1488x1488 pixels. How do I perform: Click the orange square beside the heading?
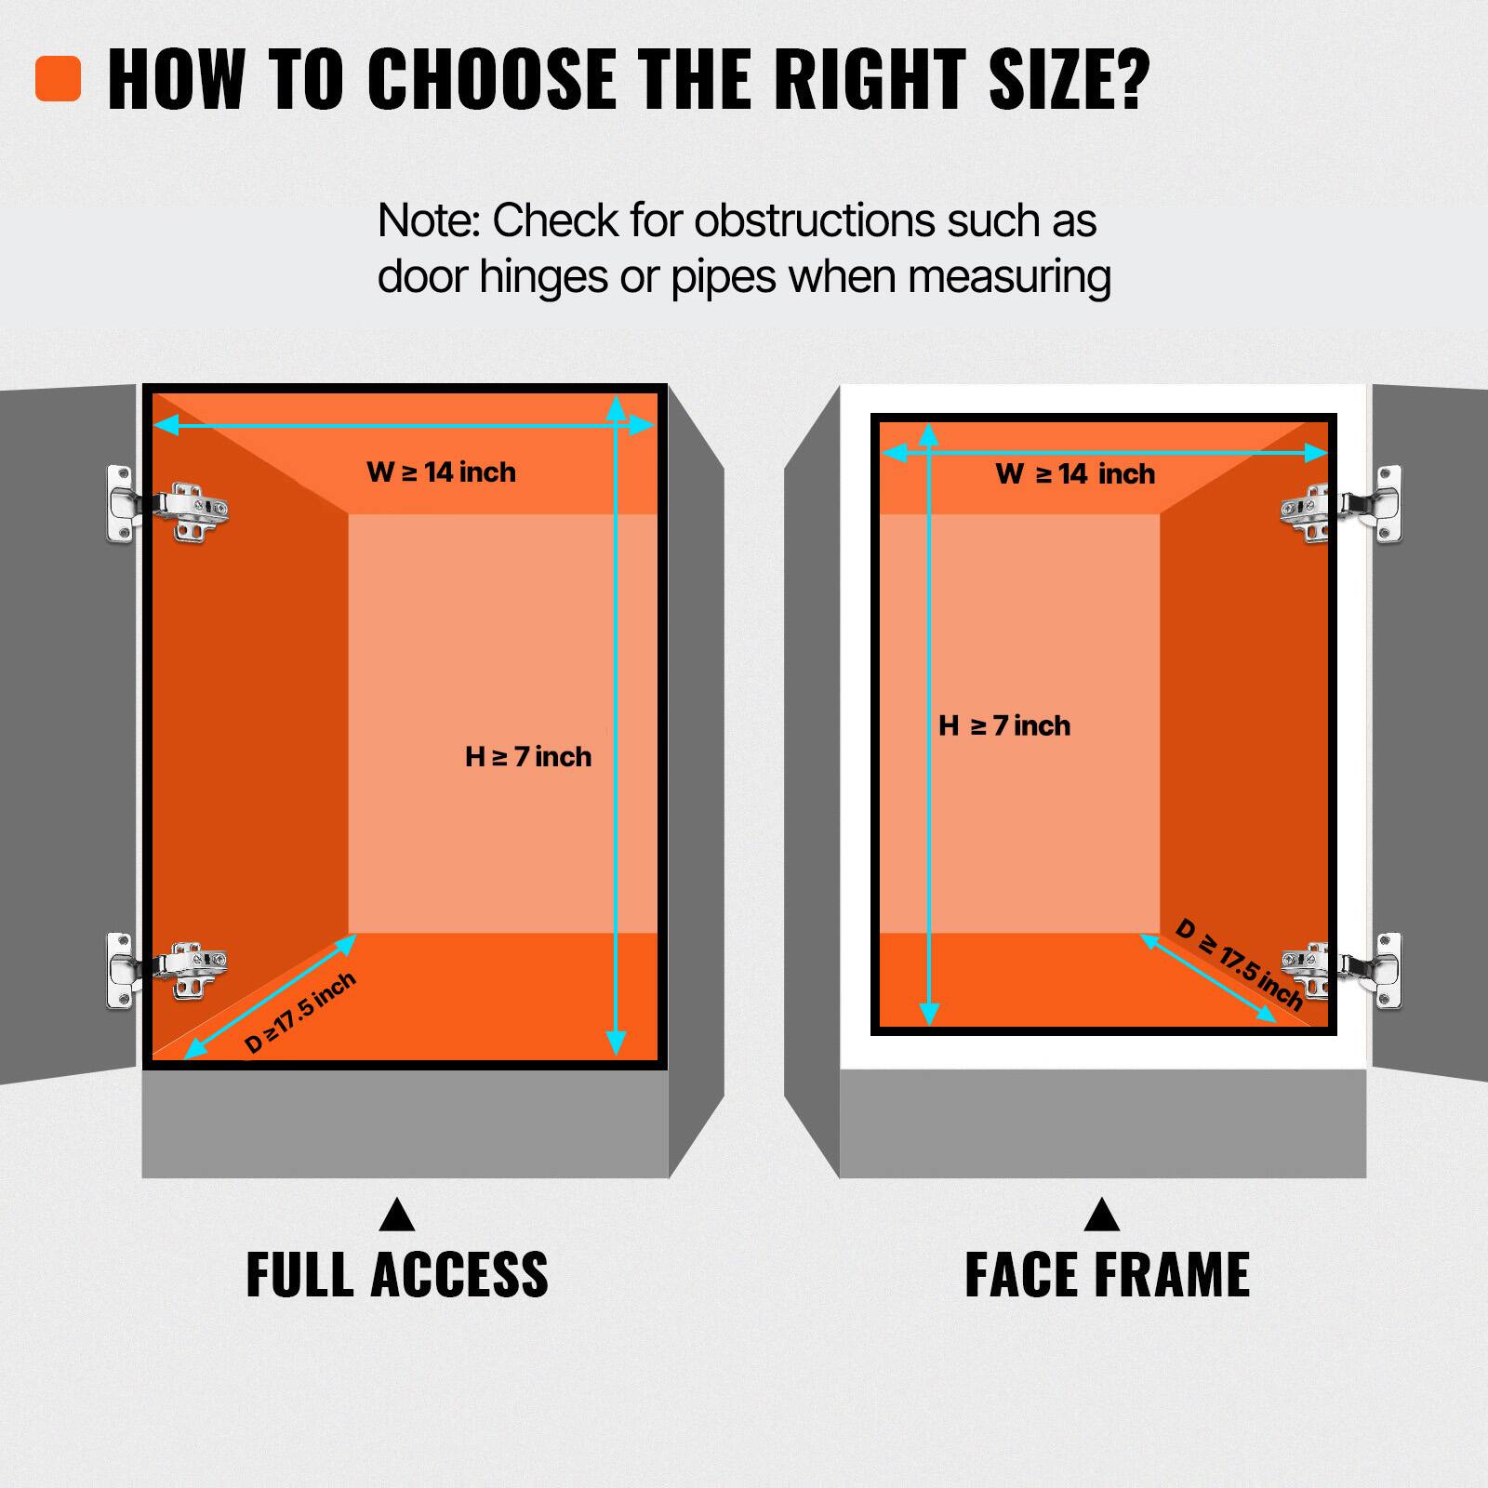pos(58,79)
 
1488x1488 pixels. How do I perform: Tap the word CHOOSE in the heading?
pos(490,79)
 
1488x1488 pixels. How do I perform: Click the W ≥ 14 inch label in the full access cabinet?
pos(441,472)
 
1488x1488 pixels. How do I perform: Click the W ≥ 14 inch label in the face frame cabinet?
pos(1075,474)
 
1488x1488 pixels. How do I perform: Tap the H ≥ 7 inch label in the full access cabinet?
pos(528,757)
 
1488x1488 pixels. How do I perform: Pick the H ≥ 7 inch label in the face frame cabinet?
pos(1004,726)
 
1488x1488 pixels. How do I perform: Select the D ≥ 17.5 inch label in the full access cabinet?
pos(299,1013)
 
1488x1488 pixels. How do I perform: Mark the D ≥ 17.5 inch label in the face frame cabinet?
pos(1239,964)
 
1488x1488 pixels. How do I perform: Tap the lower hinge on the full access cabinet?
pos(167,969)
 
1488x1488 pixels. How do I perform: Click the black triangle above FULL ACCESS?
pos(397,1216)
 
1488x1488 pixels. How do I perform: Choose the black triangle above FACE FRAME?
pos(1102,1216)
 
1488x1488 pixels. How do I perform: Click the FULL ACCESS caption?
pos(397,1275)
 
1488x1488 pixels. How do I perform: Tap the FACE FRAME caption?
pos(1107,1275)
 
